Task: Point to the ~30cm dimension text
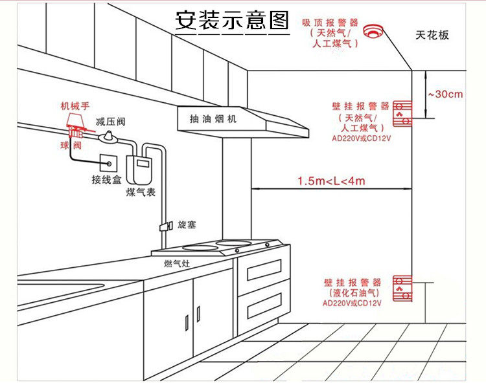click(445, 94)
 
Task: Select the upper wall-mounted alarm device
click(402, 112)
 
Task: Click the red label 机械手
click(73, 106)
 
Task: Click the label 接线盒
click(106, 179)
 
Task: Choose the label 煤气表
click(141, 193)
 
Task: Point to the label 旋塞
click(186, 224)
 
